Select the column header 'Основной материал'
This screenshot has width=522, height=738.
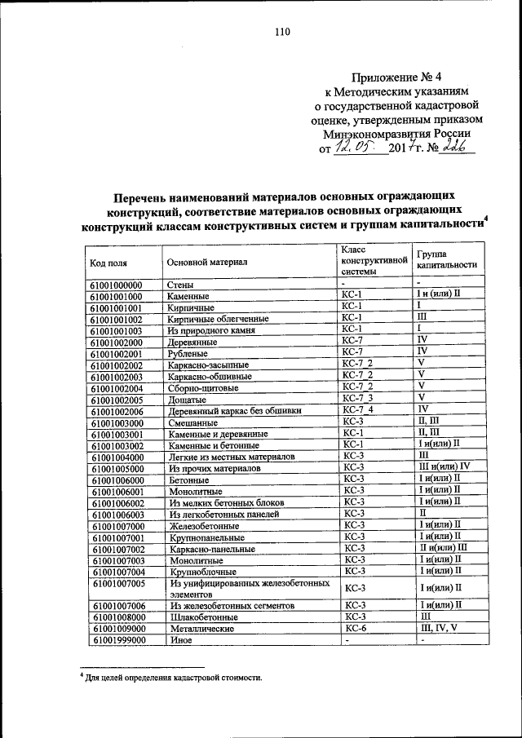click(x=206, y=262)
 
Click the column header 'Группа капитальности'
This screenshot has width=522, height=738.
click(x=447, y=259)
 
